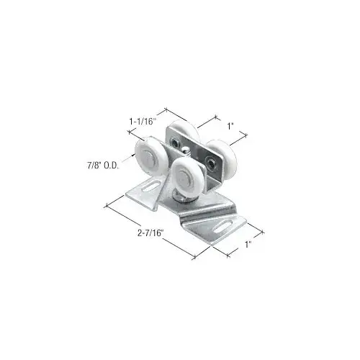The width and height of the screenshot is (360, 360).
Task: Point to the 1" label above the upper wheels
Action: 231,125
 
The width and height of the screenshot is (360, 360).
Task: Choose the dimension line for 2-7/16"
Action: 151,230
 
